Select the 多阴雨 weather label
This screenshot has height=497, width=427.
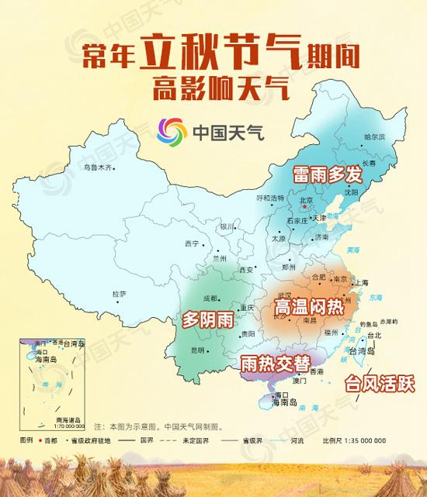tap(208, 319)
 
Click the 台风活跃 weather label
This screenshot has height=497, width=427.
tap(380, 384)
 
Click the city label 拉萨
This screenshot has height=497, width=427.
tap(118, 294)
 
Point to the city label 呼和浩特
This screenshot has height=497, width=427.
tap(270, 198)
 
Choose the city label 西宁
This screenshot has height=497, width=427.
tap(192, 243)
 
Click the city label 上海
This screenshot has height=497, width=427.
tap(361, 283)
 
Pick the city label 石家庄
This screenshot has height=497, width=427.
tap(296, 220)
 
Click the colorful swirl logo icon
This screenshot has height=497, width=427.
tap(172, 133)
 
